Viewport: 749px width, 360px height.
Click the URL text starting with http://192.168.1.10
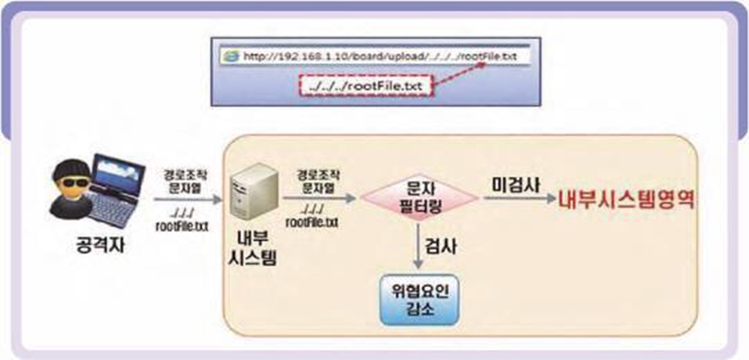(x=375, y=56)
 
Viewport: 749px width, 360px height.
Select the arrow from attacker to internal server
(x=187, y=200)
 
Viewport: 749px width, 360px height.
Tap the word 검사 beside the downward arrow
(x=442, y=244)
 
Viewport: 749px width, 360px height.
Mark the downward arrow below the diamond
(x=418, y=244)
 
